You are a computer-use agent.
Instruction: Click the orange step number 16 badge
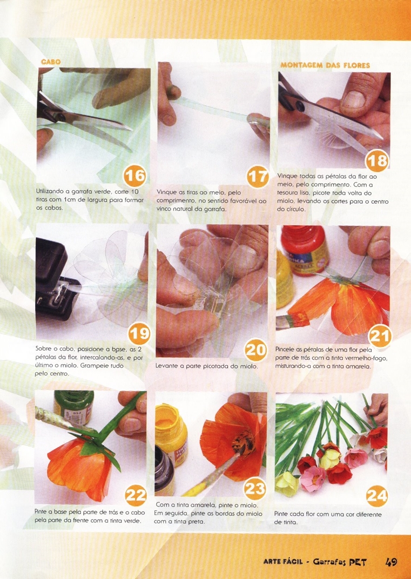click(x=135, y=176)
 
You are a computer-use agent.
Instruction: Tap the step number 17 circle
click(x=258, y=177)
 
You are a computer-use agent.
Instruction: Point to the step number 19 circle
click(x=139, y=333)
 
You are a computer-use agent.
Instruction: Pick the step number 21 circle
click(x=380, y=335)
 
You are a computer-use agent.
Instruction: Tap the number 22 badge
click(x=136, y=495)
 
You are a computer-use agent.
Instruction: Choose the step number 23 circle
click(x=255, y=489)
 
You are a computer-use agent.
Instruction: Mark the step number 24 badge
click(x=377, y=495)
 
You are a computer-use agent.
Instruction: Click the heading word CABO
click(x=51, y=62)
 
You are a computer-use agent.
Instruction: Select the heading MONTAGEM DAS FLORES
click(x=325, y=65)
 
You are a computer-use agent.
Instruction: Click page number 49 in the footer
click(x=391, y=562)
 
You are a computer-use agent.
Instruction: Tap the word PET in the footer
click(x=358, y=562)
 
